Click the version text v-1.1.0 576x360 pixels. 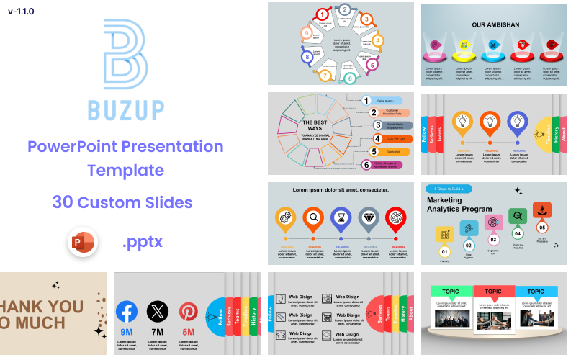[x=21, y=12]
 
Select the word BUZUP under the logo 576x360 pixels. [x=125, y=110]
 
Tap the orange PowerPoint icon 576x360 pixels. [x=82, y=243]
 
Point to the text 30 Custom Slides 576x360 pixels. [x=122, y=202]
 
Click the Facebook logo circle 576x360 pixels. [x=127, y=312]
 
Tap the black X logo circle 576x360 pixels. [x=158, y=312]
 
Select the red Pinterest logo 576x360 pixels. [x=188, y=312]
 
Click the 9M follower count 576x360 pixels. [x=127, y=332]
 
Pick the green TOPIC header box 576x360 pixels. [x=451, y=292]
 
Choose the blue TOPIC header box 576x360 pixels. [x=536, y=292]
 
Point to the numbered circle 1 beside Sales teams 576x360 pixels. [x=366, y=101]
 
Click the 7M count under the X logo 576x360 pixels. [x=158, y=332]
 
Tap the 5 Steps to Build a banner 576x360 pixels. [x=452, y=189]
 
